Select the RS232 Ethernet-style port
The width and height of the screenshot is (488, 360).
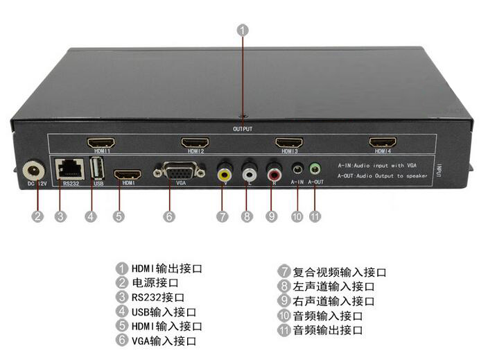pyautogui.click(x=69, y=167)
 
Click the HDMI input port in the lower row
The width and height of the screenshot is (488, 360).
pyautogui.click(x=128, y=174)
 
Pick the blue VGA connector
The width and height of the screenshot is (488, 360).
pyautogui.click(x=180, y=171)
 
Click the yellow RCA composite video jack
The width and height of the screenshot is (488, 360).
pyautogui.click(x=223, y=172)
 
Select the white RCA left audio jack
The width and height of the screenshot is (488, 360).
pyautogui.click(x=248, y=171)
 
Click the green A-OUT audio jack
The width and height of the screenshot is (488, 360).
pyautogui.click(x=315, y=168)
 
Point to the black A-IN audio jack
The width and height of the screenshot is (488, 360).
pyautogui.click(x=297, y=169)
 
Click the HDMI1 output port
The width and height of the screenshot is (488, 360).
pyautogui.click(x=100, y=142)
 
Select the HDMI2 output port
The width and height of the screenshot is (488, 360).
pyautogui.click(x=195, y=142)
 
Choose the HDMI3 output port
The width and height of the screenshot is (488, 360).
pyautogui.click(x=289, y=142)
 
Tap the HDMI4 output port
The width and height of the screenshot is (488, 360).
pyautogui.click(x=383, y=142)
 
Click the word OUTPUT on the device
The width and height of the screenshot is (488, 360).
pyautogui.click(x=243, y=129)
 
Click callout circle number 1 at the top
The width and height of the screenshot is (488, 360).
pyautogui.click(x=243, y=30)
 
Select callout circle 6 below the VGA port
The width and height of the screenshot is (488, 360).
pyautogui.click(x=169, y=216)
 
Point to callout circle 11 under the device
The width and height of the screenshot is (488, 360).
pyautogui.click(x=315, y=216)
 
